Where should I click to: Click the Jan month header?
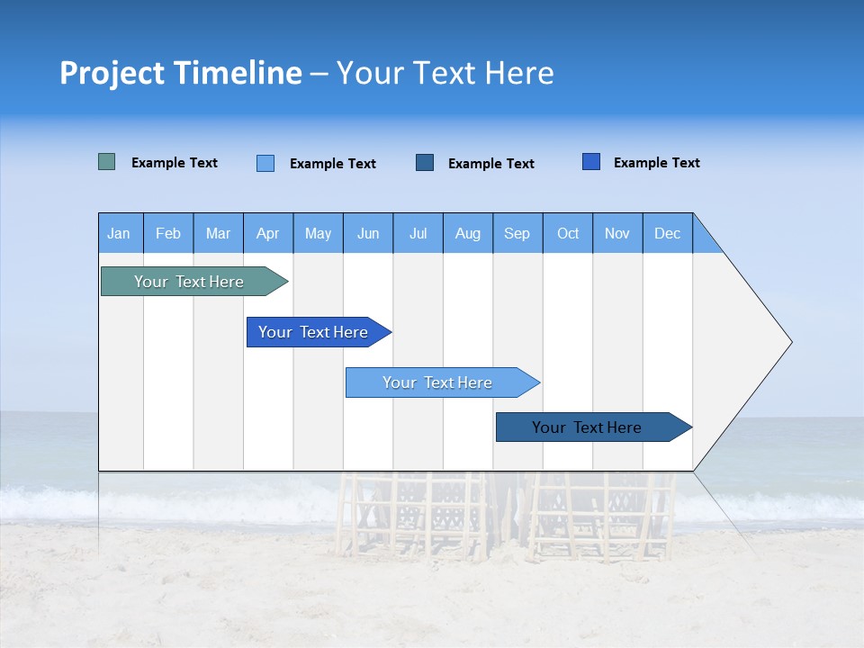[x=120, y=233]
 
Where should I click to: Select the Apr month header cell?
[x=268, y=233]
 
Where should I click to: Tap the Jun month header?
[x=368, y=233]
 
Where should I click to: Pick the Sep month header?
[x=517, y=233]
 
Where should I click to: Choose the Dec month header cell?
[x=667, y=233]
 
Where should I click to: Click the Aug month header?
[x=468, y=233]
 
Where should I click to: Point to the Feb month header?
[x=168, y=233]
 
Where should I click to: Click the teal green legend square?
[x=107, y=162]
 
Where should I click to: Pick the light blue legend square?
[x=265, y=163]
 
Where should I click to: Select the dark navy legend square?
[x=425, y=162]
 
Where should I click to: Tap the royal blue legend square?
[x=591, y=162]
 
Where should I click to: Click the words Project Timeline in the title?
[x=180, y=73]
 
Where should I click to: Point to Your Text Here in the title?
[x=445, y=73]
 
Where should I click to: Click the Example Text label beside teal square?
[x=175, y=163]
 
